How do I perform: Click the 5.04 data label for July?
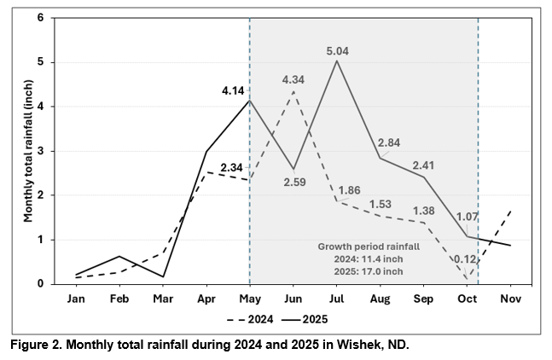point(337,51)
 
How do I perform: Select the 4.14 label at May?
point(232,90)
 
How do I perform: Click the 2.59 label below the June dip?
point(294,183)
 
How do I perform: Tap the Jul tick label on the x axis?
point(337,299)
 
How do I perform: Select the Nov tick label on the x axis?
point(510,299)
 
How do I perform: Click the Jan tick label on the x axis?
point(76,299)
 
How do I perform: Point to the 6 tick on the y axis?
point(40,18)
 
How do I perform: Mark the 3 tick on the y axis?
point(40,151)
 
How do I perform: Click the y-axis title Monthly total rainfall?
point(27,151)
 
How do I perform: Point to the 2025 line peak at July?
point(337,61)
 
